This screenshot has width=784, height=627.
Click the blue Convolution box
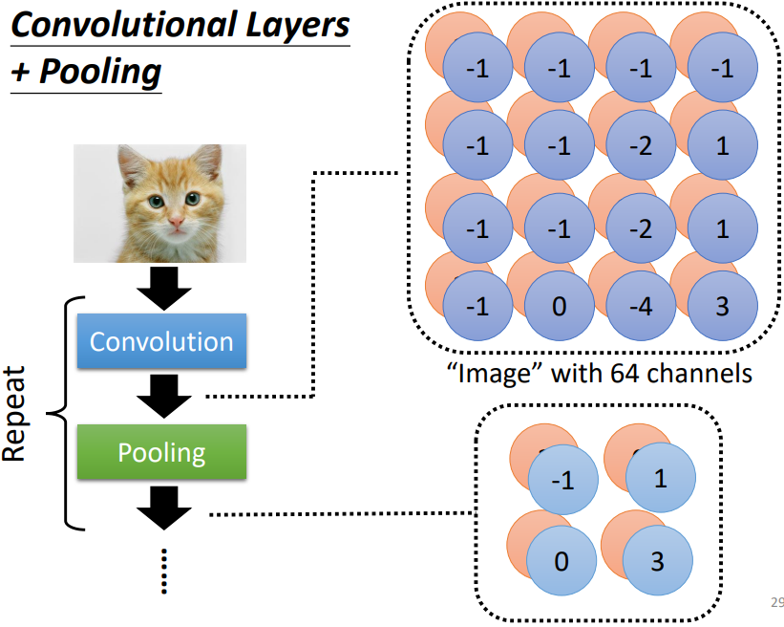161,341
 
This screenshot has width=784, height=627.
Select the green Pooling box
161,451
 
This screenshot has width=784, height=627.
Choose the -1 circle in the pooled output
563,481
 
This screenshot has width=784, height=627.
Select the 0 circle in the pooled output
561,561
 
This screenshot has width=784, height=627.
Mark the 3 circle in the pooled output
657,561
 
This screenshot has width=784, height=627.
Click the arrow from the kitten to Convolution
164,287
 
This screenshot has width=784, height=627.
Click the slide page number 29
775,602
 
